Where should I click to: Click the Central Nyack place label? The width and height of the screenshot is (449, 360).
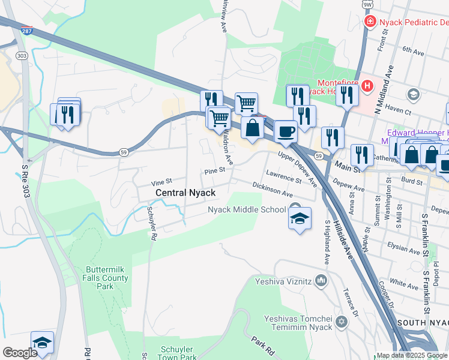[x=185, y=193]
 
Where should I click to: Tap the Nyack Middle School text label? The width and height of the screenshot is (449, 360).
[x=247, y=210]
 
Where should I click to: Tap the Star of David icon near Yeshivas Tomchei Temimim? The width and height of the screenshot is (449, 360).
[x=342, y=322]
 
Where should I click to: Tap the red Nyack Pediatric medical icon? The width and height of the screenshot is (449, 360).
[x=370, y=22]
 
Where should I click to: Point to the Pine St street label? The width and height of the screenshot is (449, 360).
[x=214, y=170]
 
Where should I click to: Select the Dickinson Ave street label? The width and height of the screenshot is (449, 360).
[x=273, y=191]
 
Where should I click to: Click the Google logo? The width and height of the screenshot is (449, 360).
[x=20, y=353]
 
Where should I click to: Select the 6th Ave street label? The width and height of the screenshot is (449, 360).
[x=413, y=50]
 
